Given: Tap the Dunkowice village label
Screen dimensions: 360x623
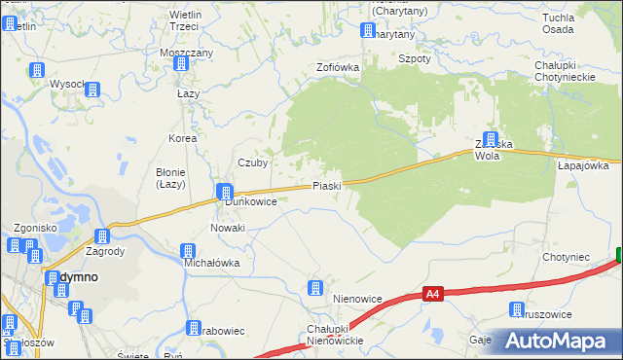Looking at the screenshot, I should click(x=251, y=201).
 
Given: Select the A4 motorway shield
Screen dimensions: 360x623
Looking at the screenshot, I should click(x=434, y=292).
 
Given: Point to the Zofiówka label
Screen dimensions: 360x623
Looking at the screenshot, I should click(x=338, y=67).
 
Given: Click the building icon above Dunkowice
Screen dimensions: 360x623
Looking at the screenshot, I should click(x=225, y=191).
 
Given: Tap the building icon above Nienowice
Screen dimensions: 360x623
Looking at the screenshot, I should click(x=314, y=288).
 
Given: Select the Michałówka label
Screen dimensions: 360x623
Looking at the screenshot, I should click(x=211, y=263).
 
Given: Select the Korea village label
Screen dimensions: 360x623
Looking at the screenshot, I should click(x=182, y=138).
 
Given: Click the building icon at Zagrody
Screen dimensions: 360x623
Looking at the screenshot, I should click(x=102, y=236).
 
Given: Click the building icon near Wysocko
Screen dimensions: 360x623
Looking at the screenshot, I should click(x=92, y=90).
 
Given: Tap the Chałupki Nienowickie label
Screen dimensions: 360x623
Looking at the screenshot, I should click(x=335, y=334).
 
